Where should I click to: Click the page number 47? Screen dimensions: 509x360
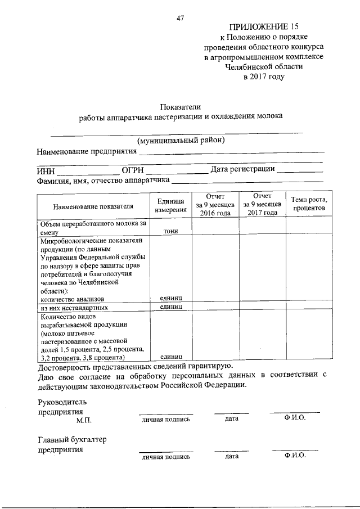[181, 18]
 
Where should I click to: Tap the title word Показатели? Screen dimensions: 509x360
[181, 106]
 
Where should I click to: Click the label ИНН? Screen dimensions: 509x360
[46, 170]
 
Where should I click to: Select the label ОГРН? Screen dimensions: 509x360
[133, 170]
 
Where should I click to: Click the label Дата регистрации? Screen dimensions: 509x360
[242, 169]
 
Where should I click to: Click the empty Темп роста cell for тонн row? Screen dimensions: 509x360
[309, 227]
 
